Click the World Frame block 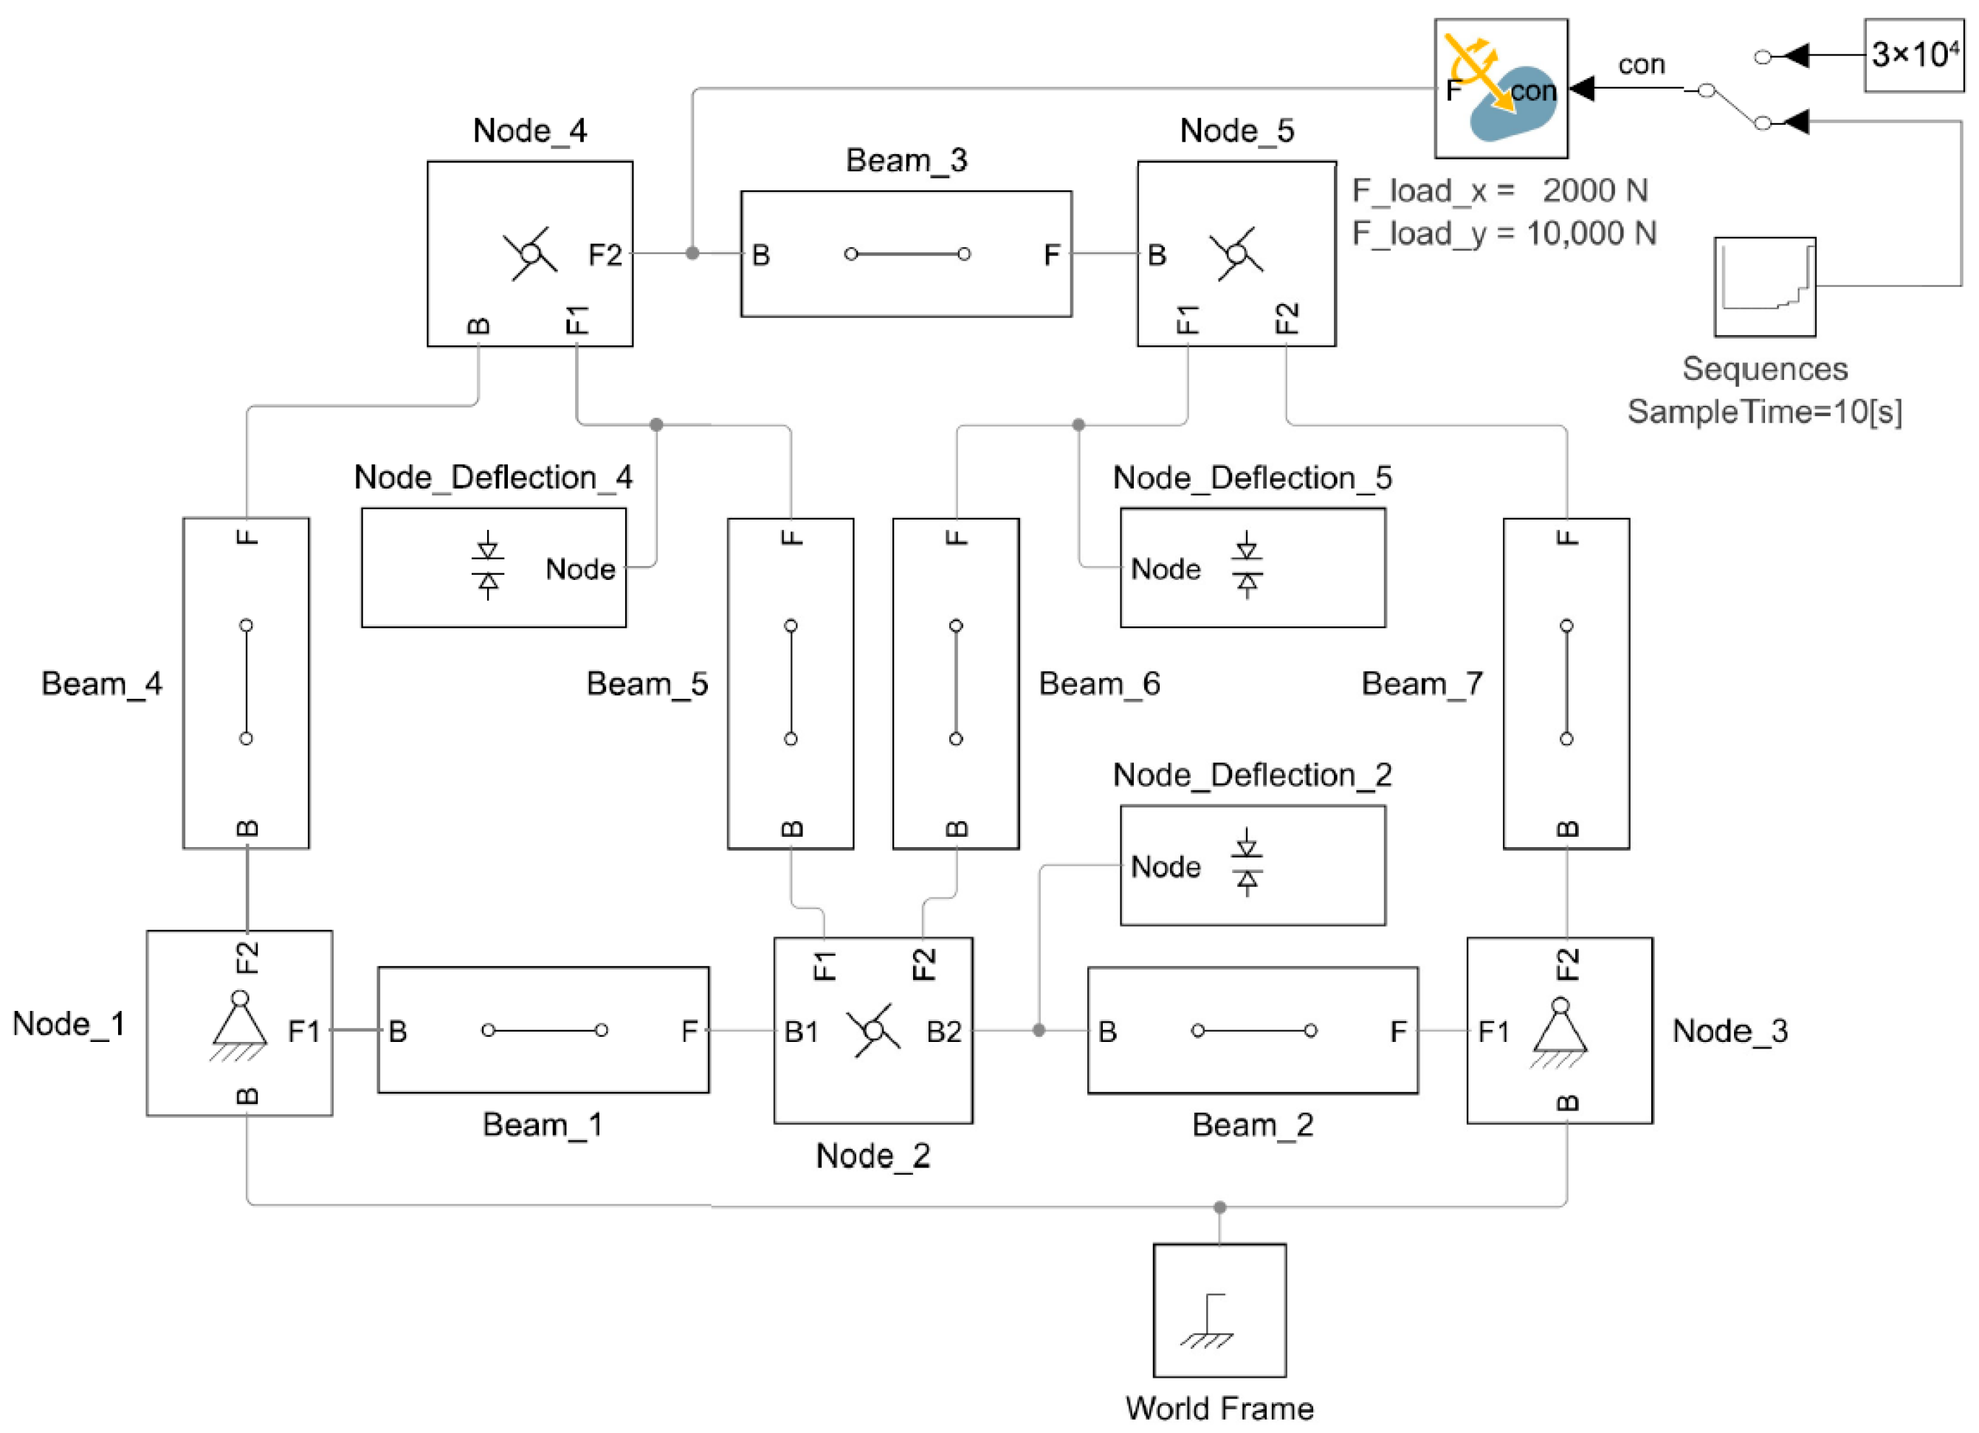pyautogui.click(x=1219, y=1309)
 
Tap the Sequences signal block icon pyautogui.click(x=1764, y=287)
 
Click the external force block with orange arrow pyautogui.click(x=1500, y=89)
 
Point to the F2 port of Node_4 pyautogui.click(x=605, y=255)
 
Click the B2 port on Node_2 pyautogui.click(x=944, y=1032)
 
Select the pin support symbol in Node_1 pyautogui.click(x=239, y=1025)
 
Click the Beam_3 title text pyautogui.click(x=906, y=160)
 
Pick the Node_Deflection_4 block pyautogui.click(x=493, y=567)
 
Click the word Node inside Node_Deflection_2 pyautogui.click(x=1165, y=867)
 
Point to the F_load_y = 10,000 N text pyautogui.click(x=1503, y=233)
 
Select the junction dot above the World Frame pyautogui.click(x=1219, y=1207)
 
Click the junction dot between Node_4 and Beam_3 pyautogui.click(x=692, y=254)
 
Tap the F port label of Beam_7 pyautogui.click(x=1567, y=537)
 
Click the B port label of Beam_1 pyautogui.click(x=398, y=1032)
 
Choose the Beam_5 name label pyautogui.click(x=647, y=684)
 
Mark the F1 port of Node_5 pyautogui.click(x=1188, y=320)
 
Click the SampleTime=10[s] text pyautogui.click(x=1763, y=411)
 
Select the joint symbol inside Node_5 pyautogui.click(x=1236, y=254)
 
